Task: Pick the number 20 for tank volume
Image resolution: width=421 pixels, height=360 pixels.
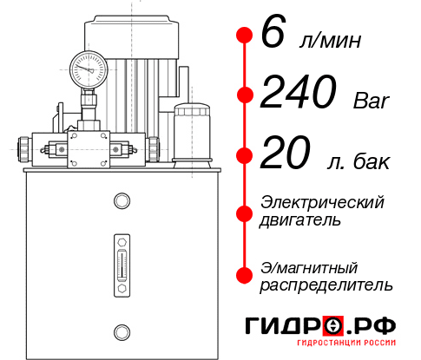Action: coord(286,156)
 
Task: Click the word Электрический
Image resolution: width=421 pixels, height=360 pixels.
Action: coord(322,201)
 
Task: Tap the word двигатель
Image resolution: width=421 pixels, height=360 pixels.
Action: coord(300,219)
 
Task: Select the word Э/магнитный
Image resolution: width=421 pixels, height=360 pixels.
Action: coord(309,266)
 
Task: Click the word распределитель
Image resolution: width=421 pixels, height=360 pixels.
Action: coord(326,285)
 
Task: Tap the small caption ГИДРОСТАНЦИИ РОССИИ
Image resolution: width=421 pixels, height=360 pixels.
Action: coord(334,347)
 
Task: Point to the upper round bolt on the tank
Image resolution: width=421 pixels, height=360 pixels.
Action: coord(122,202)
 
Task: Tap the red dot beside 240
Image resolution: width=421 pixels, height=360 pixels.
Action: coord(245,95)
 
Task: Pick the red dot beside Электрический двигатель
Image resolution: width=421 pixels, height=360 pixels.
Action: coord(245,211)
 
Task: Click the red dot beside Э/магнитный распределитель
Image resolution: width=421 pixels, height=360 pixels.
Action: coord(245,275)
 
